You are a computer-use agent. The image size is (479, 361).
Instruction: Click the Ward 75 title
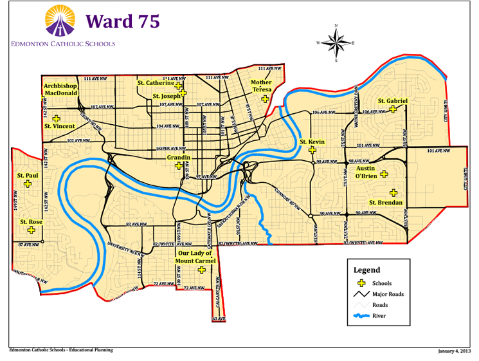tap(122, 21)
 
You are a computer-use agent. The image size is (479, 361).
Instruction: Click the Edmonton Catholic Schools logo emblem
tap(62, 22)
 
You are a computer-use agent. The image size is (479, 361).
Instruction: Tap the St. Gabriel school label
tap(392, 100)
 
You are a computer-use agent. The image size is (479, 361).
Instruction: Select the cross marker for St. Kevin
tap(312, 150)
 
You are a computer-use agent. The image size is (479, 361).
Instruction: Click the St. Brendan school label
tap(385, 203)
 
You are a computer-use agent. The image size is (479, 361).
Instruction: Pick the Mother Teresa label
tap(261, 86)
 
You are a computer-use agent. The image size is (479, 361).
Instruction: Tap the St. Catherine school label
tap(156, 83)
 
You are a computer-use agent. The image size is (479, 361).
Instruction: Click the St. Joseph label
tap(166, 96)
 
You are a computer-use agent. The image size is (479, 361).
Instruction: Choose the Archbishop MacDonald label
tap(61, 89)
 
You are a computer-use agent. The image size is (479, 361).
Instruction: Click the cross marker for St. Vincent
tap(57, 118)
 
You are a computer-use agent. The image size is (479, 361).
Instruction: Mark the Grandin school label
tap(177, 157)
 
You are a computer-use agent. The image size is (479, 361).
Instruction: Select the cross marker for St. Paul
tap(28, 183)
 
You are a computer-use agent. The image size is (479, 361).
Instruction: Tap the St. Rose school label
tap(31, 222)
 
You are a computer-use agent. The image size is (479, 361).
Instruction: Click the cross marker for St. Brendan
tap(393, 192)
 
